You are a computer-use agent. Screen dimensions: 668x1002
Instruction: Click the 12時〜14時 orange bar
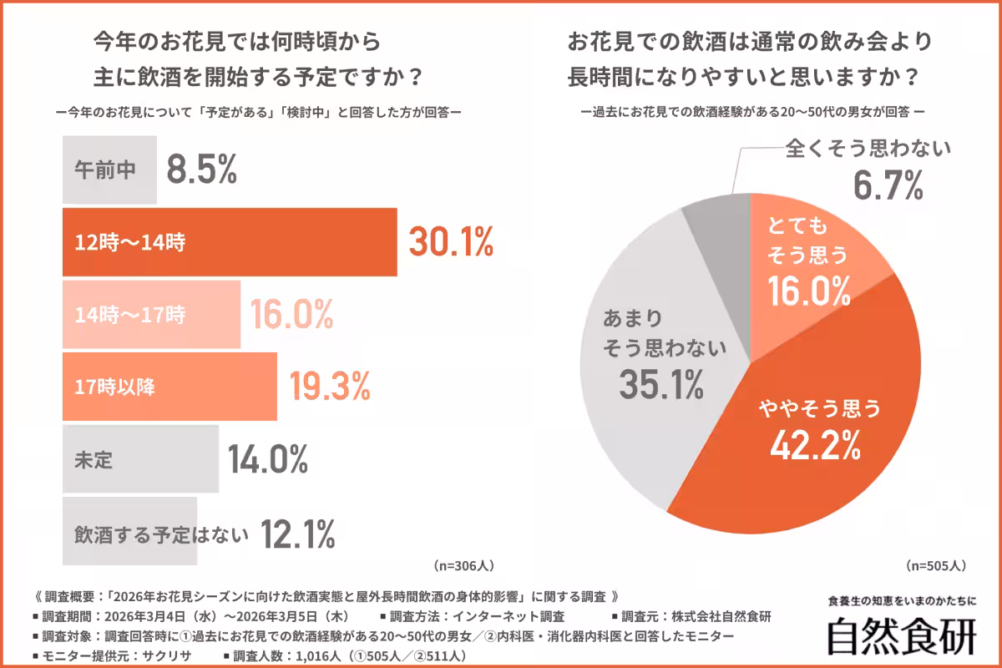(x=230, y=242)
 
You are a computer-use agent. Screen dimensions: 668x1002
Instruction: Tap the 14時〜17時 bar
(x=151, y=315)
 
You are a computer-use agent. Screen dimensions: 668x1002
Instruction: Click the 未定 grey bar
(x=140, y=458)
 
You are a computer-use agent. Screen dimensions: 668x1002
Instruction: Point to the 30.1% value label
(x=451, y=242)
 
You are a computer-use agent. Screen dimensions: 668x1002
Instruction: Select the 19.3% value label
(x=329, y=387)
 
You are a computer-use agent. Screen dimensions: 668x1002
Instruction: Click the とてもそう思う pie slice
(x=806, y=259)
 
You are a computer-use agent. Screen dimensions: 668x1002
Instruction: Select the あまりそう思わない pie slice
(x=651, y=359)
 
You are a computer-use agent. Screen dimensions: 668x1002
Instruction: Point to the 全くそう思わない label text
(x=868, y=150)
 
